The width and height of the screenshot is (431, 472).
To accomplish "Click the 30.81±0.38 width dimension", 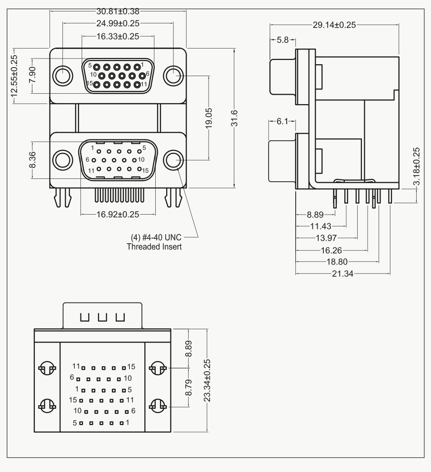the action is (118, 11).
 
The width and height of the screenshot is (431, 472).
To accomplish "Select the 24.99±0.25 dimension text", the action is (118, 23).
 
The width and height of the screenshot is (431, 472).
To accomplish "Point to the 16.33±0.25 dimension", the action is (118, 37).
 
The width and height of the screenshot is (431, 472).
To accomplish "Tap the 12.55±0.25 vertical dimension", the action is (14, 76).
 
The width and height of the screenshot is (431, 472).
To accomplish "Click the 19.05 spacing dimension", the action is (209, 118).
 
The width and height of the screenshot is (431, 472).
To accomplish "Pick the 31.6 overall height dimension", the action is (234, 118).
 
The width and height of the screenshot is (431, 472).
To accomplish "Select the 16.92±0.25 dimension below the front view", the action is (118, 214).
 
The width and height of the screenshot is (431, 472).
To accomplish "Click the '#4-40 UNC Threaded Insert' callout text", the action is (154, 242).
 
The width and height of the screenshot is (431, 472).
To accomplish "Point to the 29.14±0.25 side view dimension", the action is (334, 25).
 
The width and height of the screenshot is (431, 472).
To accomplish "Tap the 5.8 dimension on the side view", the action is (282, 40).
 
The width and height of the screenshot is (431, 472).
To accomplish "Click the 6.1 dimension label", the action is (282, 121).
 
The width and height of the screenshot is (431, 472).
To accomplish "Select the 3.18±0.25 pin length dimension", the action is (416, 167).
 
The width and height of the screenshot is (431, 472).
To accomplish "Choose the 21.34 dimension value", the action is (343, 274).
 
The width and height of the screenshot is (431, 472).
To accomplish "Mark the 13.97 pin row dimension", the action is (326, 238).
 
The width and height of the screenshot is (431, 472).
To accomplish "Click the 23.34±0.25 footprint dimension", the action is (207, 381).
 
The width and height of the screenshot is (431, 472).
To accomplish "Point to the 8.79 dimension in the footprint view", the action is (189, 388).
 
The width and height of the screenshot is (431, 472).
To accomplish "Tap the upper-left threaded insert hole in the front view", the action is (63, 76).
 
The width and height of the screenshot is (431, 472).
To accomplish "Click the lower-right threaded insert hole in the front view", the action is (173, 160).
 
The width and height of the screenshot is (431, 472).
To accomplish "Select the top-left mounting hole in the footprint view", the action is (47, 368).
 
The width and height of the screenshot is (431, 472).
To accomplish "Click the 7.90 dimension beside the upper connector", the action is (32, 75).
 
